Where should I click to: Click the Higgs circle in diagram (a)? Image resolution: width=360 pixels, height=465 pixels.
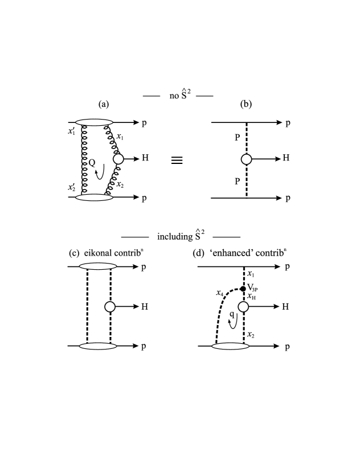point(118,159)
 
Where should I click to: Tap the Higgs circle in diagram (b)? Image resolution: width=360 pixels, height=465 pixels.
point(246,159)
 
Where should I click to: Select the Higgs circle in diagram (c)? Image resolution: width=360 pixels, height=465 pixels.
point(110,307)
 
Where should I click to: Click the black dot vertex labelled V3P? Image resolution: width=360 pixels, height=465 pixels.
point(243,289)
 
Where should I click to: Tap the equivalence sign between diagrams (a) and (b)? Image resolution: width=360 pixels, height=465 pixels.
point(178,161)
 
